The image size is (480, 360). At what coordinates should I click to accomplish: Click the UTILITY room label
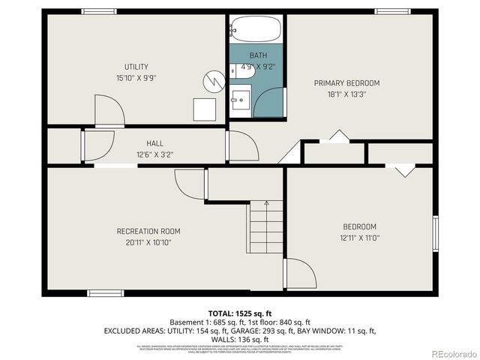click(x=136, y=67)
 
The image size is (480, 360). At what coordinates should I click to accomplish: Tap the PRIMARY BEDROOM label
click(x=346, y=82)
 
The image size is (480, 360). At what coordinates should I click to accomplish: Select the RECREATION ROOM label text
click(x=148, y=231)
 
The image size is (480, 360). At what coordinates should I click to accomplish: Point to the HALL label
click(x=154, y=143)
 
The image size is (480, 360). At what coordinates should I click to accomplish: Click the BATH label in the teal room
click(x=257, y=55)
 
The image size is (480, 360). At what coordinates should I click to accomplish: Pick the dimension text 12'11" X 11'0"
click(x=359, y=238)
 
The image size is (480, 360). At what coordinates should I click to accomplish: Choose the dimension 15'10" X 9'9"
click(x=136, y=77)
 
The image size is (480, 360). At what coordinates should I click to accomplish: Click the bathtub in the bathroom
click(x=255, y=30)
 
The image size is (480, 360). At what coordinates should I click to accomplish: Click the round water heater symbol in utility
click(x=215, y=78)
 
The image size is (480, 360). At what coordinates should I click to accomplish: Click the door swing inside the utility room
click(x=109, y=111)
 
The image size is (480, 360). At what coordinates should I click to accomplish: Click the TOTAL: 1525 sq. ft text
click(x=239, y=313)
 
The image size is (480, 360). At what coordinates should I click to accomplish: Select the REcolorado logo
click(x=450, y=353)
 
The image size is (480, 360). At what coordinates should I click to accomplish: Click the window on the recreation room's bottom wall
click(x=105, y=293)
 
